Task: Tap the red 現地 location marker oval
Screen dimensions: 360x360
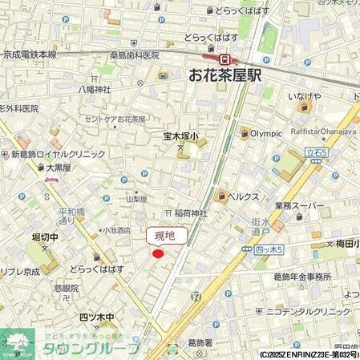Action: [159, 254]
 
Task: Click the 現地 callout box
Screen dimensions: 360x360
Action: [167, 236]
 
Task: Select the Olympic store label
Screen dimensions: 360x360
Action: [266, 133]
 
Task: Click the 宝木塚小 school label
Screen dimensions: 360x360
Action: [181, 136]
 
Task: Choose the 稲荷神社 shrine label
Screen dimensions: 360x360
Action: [191, 213]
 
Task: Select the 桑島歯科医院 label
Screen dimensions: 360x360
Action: [127, 55]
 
